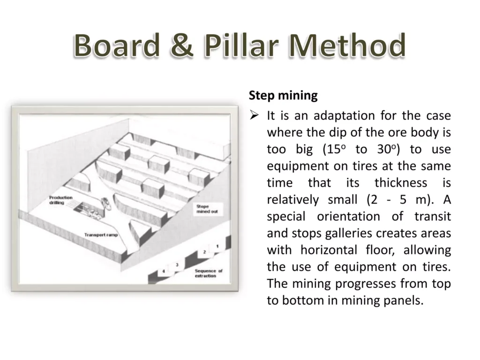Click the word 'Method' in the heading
[x=347, y=46]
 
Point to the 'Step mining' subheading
[x=283, y=96]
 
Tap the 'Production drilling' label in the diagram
[x=61, y=200]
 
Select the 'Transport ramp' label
[x=101, y=234]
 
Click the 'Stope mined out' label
[x=207, y=209]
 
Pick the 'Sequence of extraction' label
[x=209, y=273]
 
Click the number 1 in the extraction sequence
[x=217, y=246]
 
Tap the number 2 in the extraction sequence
[x=204, y=252]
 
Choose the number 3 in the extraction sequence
[x=177, y=265]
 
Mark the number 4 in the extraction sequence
[x=163, y=271]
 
